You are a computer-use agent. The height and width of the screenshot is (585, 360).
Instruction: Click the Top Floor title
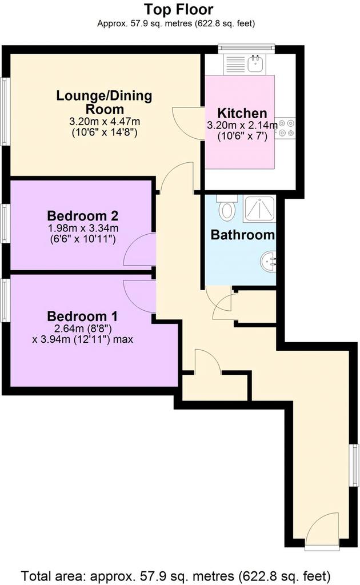[x=179, y=9]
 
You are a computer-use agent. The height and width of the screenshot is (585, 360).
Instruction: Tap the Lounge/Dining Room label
[x=104, y=102]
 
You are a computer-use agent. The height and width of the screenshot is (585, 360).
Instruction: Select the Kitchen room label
[x=242, y=113]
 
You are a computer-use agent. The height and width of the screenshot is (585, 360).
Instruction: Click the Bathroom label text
[x=242, y=235]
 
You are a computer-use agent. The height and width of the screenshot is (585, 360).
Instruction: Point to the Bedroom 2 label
[x=82, y=215]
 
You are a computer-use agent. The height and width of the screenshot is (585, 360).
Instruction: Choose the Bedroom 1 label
[x=82, y=316]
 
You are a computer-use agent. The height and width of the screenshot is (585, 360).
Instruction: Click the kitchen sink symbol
[x=255, y=64]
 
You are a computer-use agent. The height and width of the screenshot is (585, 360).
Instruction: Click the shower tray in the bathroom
[x=259, y=209]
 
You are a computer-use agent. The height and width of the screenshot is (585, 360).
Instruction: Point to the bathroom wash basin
[x=269, y=262]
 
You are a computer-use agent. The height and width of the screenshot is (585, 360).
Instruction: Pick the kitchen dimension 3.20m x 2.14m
[x=242, y=125]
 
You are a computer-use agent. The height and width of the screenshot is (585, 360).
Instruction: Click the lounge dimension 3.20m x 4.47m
[x=105, y=121]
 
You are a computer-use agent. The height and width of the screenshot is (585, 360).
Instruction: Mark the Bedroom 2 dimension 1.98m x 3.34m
[x=82, y=227]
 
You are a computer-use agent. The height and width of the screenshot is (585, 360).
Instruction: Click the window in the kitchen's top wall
[x=247, y=47]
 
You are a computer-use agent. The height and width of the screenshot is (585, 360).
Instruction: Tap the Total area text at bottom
[x=175, y=576]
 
